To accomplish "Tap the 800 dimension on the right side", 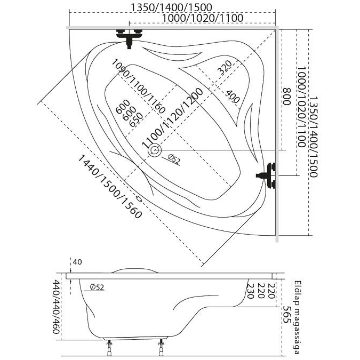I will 286,99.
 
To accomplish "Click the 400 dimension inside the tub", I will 232,97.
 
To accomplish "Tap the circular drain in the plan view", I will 155,151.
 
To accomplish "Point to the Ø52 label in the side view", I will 97,287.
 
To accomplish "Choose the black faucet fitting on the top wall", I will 128,36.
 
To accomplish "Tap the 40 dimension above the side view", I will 77,262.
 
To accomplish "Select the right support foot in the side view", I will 162,350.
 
